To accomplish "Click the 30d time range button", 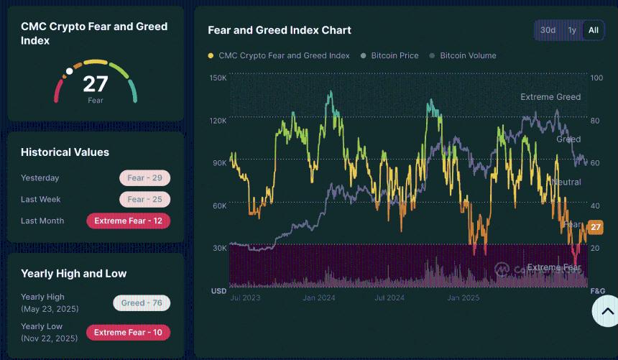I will [548, 30].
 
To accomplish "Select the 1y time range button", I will [572, 30].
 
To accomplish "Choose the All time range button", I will [593, 30].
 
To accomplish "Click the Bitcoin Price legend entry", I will [395, 55].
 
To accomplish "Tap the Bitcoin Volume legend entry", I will [468, 55].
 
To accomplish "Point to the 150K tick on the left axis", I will [218, 78].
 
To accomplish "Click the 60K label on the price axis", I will [218, 206].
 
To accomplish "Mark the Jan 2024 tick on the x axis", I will [318, 297].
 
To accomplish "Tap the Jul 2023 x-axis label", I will [245, 297].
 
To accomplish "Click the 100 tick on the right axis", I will [596, 78].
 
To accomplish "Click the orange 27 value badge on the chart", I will [595, 228].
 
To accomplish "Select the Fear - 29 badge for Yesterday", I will [144, 178].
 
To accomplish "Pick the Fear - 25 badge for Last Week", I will [144, 200].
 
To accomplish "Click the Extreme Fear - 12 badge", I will [128, 221].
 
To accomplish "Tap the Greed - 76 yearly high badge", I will [141, 303].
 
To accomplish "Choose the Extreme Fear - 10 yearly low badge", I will [128, 333].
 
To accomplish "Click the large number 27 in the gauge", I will [96, 84].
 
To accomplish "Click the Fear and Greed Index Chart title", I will [280, 30].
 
